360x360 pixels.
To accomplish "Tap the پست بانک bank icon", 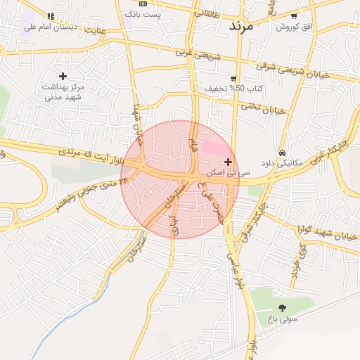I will coord(143,4).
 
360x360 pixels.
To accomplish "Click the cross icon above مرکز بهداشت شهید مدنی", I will coord(63,76).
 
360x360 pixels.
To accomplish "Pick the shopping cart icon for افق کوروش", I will coord(294,16).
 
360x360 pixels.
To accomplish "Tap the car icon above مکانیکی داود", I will coord(282,153).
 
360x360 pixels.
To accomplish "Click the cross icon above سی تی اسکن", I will coord(228,162).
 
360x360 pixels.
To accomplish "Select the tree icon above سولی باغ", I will coord(282,308).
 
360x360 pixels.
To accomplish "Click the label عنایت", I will coord(94,30).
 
